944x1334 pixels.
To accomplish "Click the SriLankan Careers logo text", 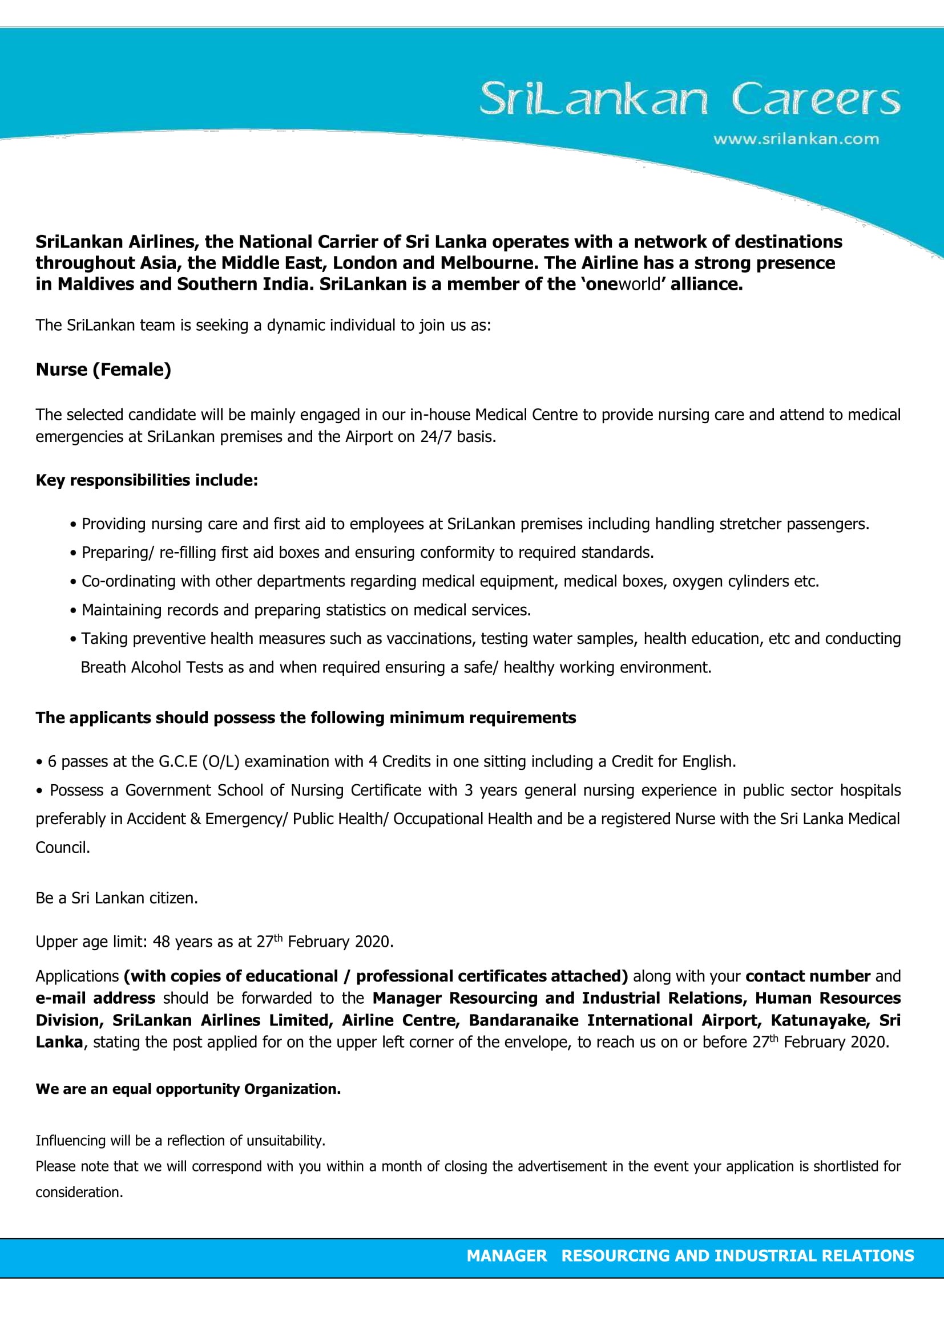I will click(689, 99).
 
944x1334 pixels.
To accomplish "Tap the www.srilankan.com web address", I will click(796, 139).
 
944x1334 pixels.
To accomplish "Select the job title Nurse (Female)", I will click(103, 370).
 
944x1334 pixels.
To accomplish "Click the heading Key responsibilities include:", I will click(147, 480).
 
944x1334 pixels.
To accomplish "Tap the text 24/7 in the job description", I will click(436, 436).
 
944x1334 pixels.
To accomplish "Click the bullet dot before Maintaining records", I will click(73, 611).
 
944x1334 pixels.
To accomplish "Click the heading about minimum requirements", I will click(306, 717).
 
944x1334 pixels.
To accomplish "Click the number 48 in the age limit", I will click(161, 941).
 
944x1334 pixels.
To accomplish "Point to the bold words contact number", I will click(808, 976).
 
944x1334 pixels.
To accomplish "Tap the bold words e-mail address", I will click(95, 998).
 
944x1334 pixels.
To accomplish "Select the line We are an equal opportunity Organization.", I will click(188, 1089).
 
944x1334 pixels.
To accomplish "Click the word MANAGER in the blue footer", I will click(506, 1255).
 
